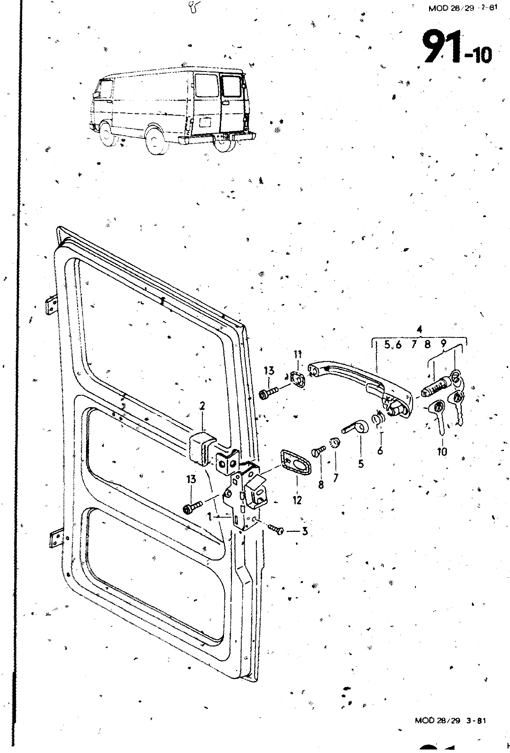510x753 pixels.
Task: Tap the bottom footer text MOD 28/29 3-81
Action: [x=450, y=721]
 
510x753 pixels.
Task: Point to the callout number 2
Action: [x=202, y=406]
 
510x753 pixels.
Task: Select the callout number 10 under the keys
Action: [x=442, y=452]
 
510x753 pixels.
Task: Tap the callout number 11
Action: [x=298, y=354]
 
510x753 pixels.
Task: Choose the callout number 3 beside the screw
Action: [x=305, y=531]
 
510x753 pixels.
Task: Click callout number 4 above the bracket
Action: [x=419, y=329]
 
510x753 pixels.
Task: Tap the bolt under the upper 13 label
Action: [x=269, y=393]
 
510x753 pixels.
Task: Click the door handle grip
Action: [x=359, y=382]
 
